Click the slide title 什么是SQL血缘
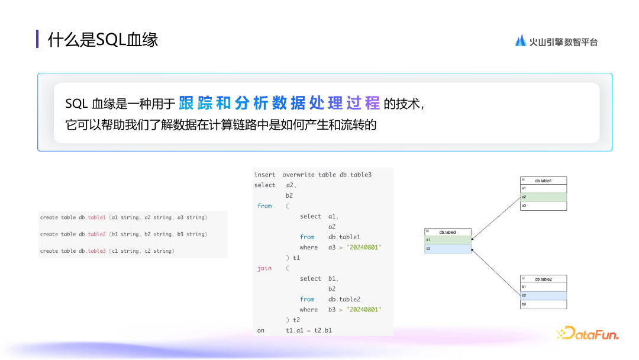tap(103, 40)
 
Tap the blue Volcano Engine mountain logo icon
tap(521, 40)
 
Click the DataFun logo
tap(588, 334)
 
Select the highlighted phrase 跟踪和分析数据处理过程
tap(279, 103)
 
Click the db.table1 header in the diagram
tap(543, 181)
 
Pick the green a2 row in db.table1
tap(543, 197)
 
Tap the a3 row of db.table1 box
tap(543, 206)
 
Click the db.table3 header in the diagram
tap(448, 232)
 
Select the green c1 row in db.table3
tap(448, 240)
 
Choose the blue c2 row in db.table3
tap(448, 249)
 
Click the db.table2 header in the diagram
tap(543, 279)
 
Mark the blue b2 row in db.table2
tap(543, 295)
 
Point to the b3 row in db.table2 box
tap(543, 304)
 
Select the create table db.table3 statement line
tap(107, 251)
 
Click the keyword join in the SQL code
tap(264, 268)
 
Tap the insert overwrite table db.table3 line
tap(313, 175)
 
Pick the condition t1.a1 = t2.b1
tap(308, 330)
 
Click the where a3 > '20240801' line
tap(340, 247)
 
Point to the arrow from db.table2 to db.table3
tap(496, 272)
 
